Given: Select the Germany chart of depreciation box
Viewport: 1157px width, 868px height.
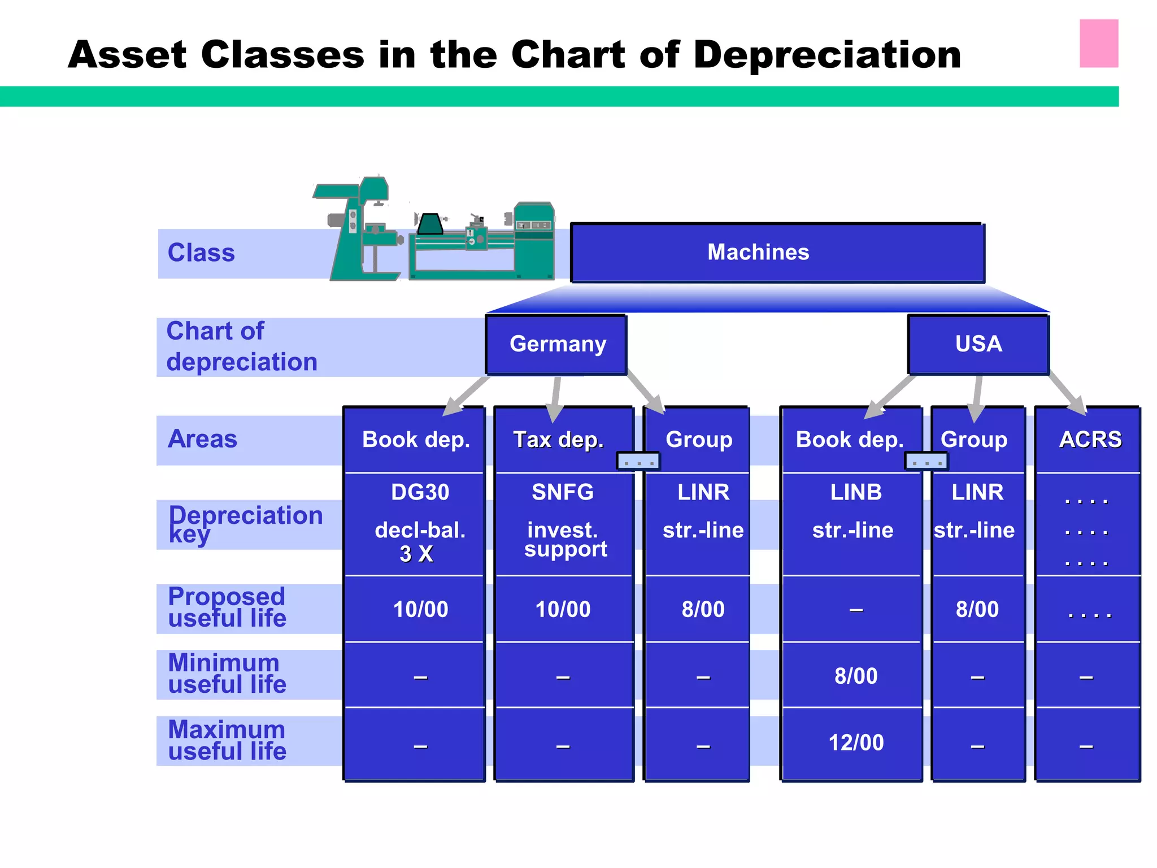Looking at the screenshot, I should pos(557,344).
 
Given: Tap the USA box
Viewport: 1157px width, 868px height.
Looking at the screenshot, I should pos(978,344).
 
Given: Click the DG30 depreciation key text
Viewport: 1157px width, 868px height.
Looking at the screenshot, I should pos(420,492).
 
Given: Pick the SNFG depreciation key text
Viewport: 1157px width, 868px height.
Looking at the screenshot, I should pos(563,492).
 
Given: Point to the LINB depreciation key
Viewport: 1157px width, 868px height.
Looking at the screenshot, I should pos(855,492).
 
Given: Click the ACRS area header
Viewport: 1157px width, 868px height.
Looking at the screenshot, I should pos(1090,440).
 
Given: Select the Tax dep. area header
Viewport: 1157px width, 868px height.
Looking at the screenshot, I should pos(558,440).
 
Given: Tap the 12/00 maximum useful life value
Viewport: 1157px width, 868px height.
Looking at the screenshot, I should pos(855,743).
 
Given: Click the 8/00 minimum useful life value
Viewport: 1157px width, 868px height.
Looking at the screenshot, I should pos(855,676).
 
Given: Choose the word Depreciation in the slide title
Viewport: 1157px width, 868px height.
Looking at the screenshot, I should pos(827,55).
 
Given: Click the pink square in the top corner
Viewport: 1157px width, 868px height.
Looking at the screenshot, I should pos(1098,44).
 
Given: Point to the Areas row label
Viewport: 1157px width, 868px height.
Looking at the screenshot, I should pos(202,439).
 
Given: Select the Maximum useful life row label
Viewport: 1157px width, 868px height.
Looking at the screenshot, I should pos(227,740).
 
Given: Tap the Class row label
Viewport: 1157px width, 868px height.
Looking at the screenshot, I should pos(201,253).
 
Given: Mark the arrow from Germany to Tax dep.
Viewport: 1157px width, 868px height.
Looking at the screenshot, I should pos(556,399).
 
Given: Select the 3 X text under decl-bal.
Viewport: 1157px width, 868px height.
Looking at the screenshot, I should pos(416,554).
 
